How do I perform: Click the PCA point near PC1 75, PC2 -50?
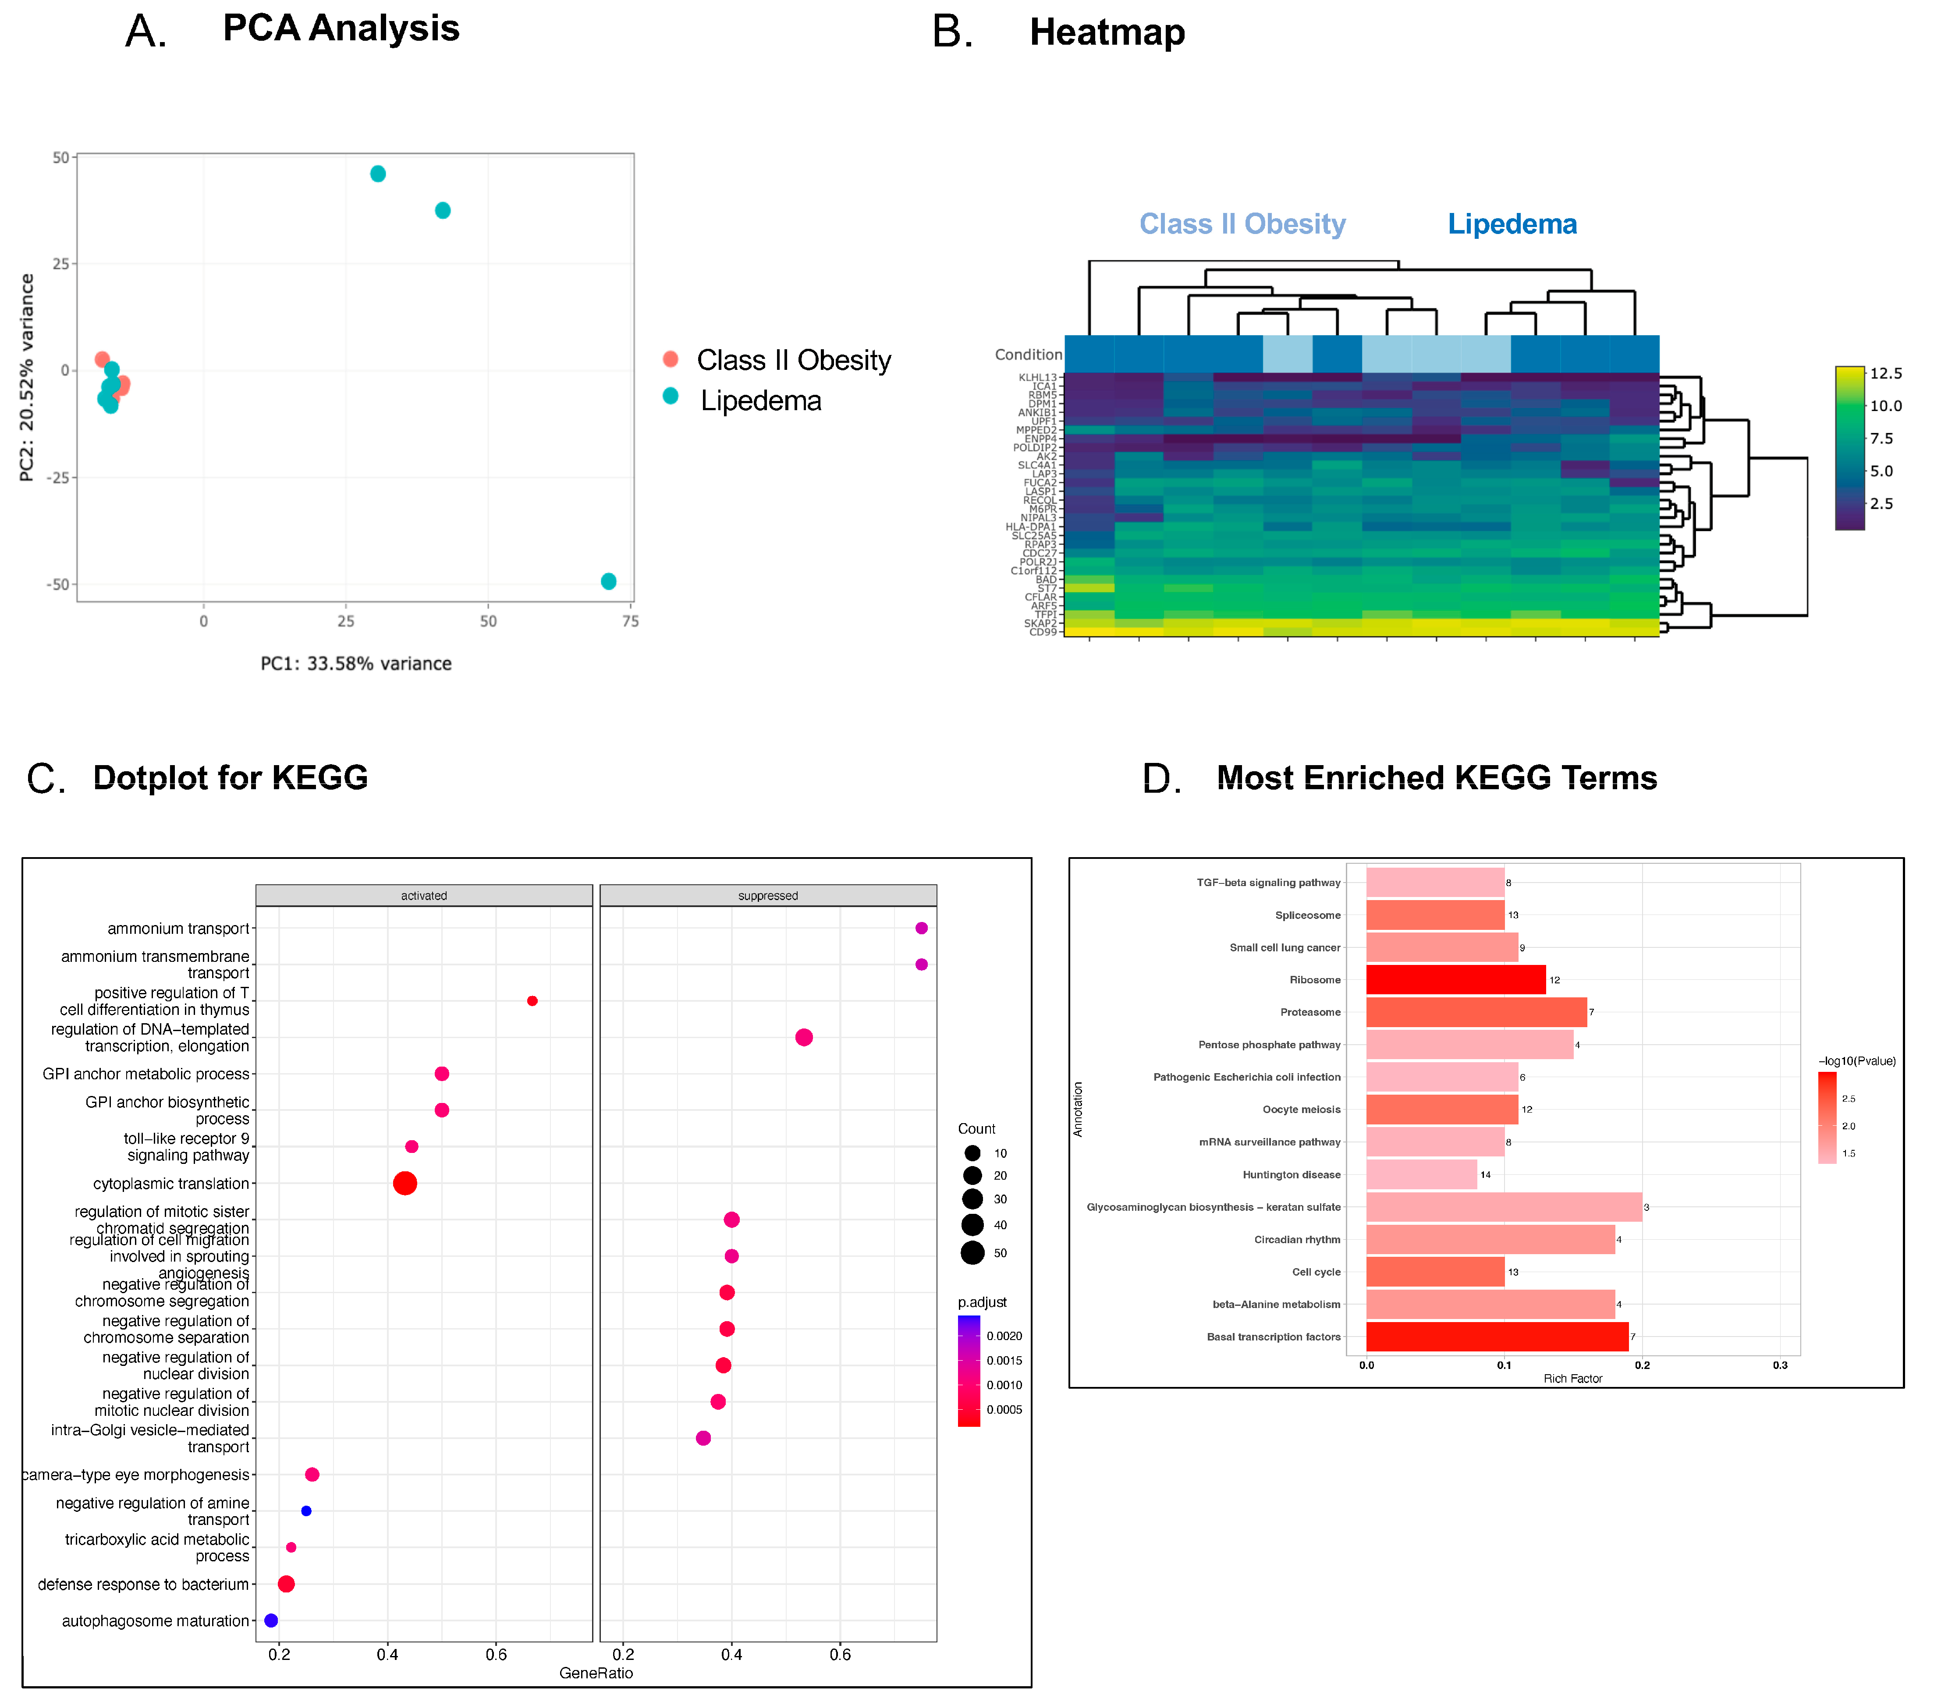pos(608,581)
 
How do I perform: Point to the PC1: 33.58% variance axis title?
pos(356,663)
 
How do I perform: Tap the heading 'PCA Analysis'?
pos(341,28)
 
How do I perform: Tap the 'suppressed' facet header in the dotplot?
pos(767,895)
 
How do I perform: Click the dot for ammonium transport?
pos(921,928)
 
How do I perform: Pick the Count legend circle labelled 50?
pos(972,1252)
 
